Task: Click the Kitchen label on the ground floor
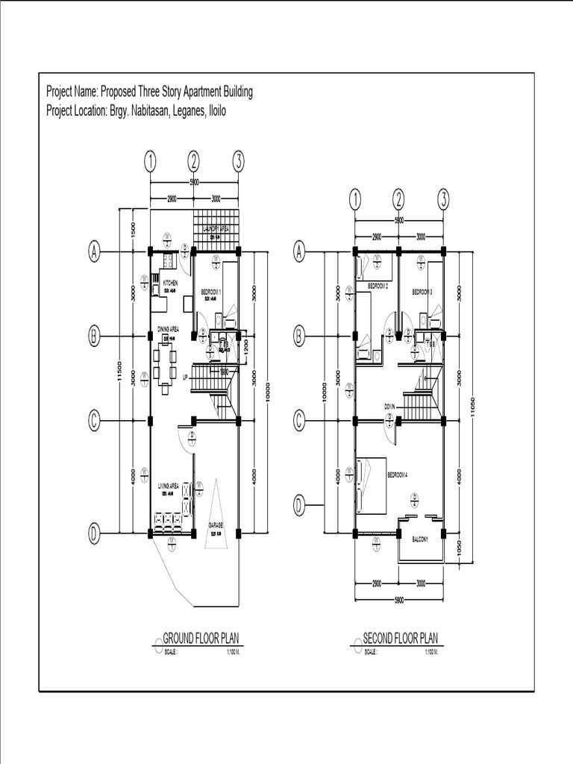(x=169, y=284)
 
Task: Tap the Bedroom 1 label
(x=211, y=290)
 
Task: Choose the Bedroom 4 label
(x=397, y=475)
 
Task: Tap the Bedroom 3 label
(x=422, y=292)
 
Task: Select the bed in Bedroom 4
(x=370, y=485)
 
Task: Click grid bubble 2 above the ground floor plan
(x=194, y=160)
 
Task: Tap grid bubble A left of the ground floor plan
(x=95, y=253)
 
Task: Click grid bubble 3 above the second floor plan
(x=443, y=198)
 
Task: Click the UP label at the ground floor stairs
(x=185, y=377)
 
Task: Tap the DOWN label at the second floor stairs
(x=389, y=407)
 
